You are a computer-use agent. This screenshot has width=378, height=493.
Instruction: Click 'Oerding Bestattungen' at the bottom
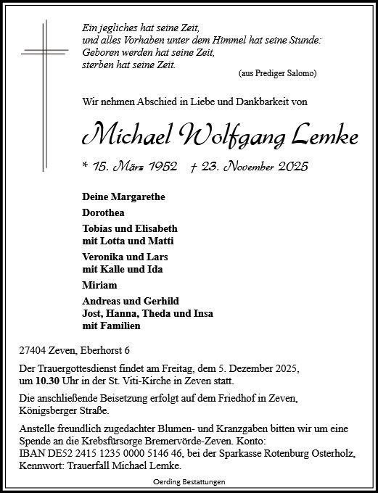[188, 482]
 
